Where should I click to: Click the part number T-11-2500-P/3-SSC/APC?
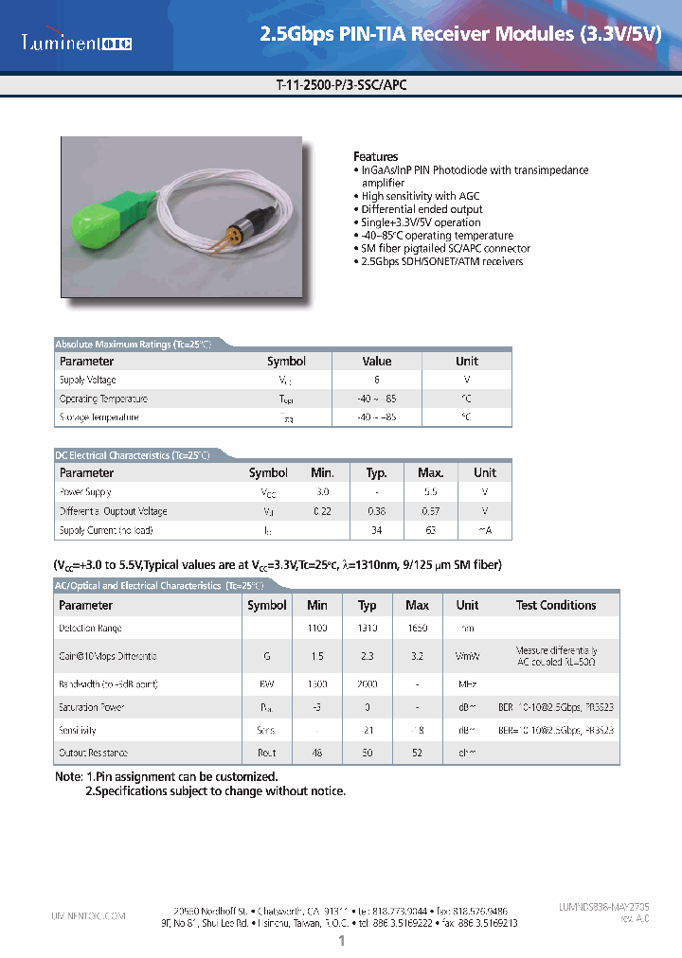[341, 84]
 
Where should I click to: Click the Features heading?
[375, 156]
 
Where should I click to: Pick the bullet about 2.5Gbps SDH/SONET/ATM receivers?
[440, 261]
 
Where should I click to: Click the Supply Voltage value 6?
[376, 380]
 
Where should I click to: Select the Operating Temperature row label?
[103, 399]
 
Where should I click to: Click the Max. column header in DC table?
[431, 472]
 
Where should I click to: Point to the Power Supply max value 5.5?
[431, 492]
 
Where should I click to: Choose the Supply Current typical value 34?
[376, 530]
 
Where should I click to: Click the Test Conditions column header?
[556, 605]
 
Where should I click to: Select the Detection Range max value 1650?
[417, 628]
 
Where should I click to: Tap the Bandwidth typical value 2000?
[368, 683]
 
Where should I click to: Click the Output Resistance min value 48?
[317, 753]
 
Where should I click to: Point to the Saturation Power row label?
[92, 707]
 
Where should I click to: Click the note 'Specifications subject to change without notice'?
[216, 790]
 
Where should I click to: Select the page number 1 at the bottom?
[341, 941]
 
